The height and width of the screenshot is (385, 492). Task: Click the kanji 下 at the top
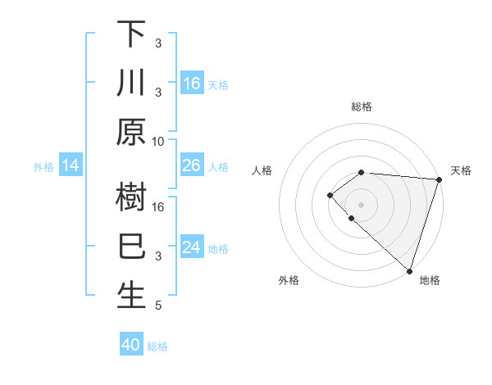[x=131, y=34]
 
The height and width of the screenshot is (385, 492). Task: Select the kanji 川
[x=131, y=84]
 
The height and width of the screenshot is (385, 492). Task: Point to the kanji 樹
[x=131, y=197]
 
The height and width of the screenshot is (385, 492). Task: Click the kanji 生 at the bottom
[x=131, y=296]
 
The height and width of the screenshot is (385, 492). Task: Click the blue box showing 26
[x=191, y=166]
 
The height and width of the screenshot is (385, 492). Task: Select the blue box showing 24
[x=191, y=248]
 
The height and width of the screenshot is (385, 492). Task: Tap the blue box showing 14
[x=71, y=166]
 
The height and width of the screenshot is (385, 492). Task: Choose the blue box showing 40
[x=131, y=345]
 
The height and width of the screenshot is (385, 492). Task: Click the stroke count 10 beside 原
[x=158, y=141]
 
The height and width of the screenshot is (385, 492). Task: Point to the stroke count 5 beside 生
[x=158, y=306]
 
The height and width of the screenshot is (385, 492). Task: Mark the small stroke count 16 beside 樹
[x=158, y=206]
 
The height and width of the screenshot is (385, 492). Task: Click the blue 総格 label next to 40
[x=157, y=346]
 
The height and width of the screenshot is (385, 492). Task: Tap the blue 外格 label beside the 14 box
[x=43, y=167]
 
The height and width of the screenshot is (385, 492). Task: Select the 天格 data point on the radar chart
[x=440, y=179]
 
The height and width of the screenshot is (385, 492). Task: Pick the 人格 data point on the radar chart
[x=330, y=194]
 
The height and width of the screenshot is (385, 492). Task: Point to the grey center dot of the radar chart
[x=361, y=204]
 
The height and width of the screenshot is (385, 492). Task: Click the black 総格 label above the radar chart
[x=362, y=106]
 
